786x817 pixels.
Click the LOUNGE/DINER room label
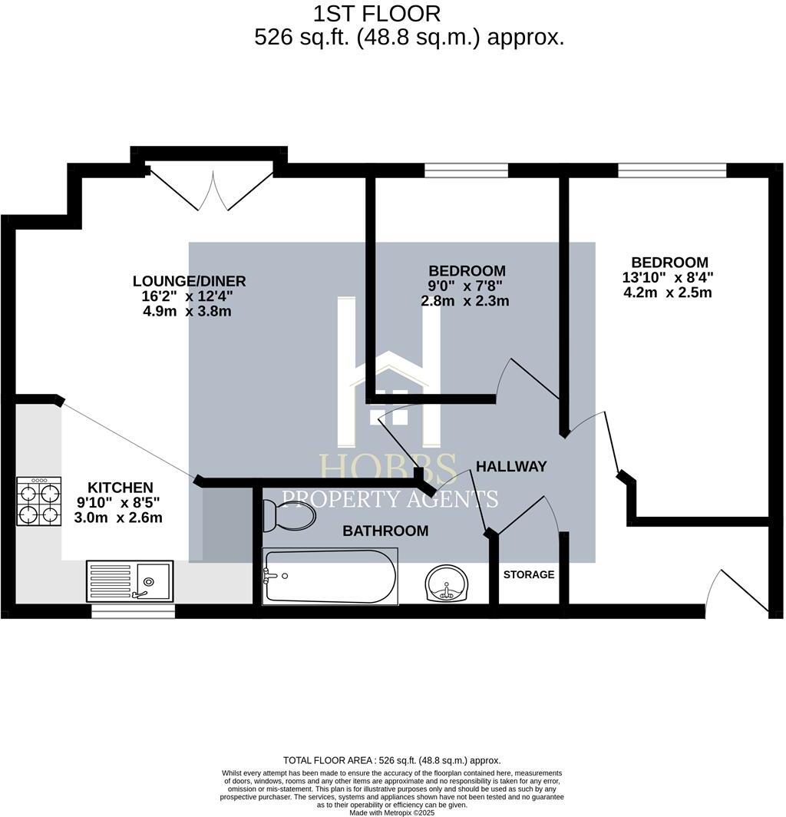click(x=189, y=281)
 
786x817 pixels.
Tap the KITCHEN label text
click(x=121, y=488)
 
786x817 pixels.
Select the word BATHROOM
click(x=385, y=531)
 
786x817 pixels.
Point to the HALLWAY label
click(x=511, y=466)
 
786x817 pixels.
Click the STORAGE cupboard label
click(x=529, y=574)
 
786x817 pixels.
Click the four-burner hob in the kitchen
click(x=39, y=501)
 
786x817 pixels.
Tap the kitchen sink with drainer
click(x=130, y=581)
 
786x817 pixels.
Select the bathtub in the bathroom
click(x=330, y=576)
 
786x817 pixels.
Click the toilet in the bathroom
click(x=289, y=515)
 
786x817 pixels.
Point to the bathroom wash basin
click(x=447, y=584)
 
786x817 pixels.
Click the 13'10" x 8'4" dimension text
click(x=668, y=277)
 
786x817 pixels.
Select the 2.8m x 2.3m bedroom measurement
click(x=465, y=301)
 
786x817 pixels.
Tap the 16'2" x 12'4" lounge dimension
click(x=187, y=296)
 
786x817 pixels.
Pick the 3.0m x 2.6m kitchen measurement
click(x=118, y=518)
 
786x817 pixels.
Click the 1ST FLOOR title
click(x=377, y=14)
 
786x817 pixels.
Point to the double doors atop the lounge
click(x=213, y=189)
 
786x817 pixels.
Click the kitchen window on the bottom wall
click(x=134, y=611)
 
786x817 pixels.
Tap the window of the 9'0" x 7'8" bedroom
click(x=466, y=170)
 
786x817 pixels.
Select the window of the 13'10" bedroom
click(x=672, y=170)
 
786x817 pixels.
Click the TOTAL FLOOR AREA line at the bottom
click(x=391, y=761)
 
